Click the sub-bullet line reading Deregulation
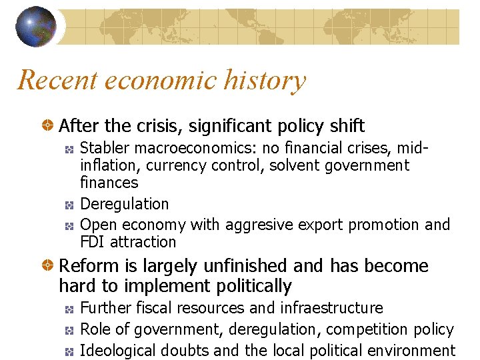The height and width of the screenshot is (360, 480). pyautogui.click(x=124, y=203)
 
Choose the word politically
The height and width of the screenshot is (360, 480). pyautogui.click(x=255, y=287)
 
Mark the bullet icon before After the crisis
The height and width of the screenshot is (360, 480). pyautogui.click(x=48, y=125)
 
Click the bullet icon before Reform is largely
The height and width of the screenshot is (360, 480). pyautogui.click(x=48, y=266)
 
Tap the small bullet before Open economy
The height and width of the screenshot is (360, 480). pyautogui.click(x=69, y=225)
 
